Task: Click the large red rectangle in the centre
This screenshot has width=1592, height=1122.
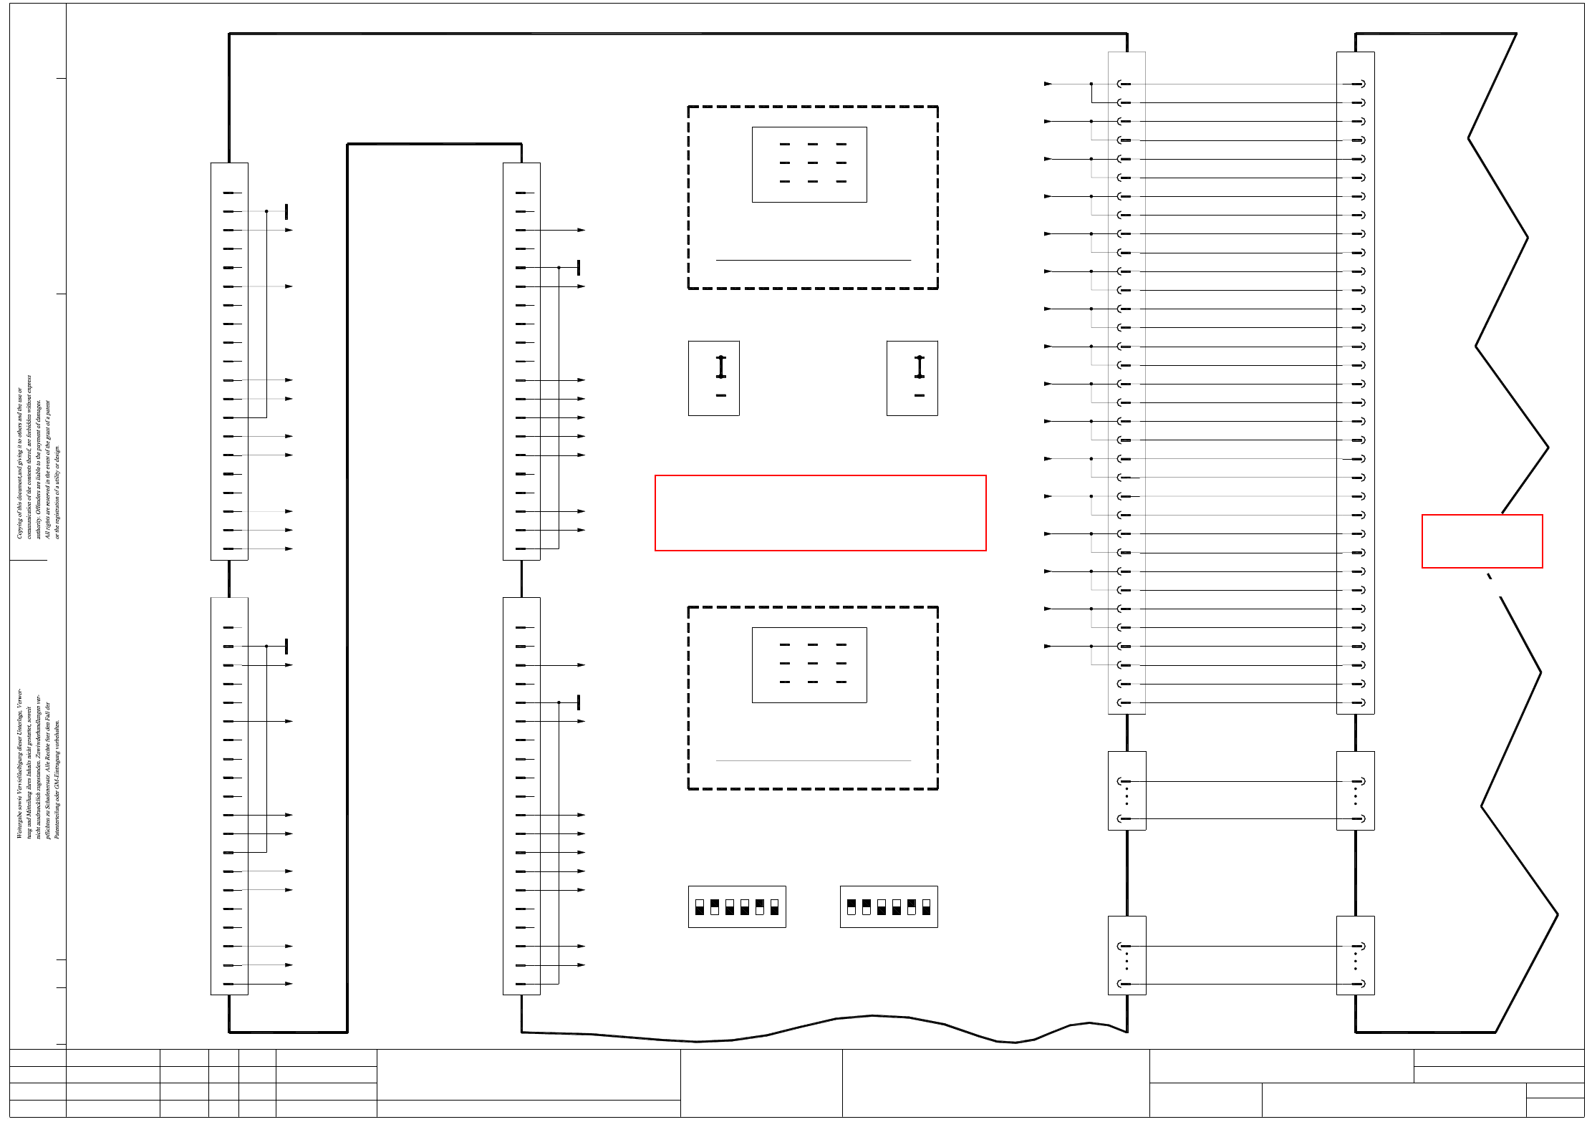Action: click(820, 513)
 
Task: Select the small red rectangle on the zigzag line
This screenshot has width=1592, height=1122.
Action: click(1482, 541)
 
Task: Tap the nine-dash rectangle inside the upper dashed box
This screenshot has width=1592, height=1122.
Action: click(809, 165)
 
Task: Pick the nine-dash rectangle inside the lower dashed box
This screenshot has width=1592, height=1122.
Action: click(809, 665)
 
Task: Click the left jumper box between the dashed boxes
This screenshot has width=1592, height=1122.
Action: click(714, 378)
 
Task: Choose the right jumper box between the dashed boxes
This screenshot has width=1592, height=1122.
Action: click(912, 378)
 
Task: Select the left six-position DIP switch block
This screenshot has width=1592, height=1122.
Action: click(737, 906)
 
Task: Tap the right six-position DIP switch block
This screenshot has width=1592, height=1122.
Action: click(889, 906)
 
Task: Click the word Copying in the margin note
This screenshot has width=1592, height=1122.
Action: click(19, 526)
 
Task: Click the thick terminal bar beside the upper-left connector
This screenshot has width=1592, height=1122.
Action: click(286, 211)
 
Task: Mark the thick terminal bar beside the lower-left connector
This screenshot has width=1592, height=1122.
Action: click(286, 646)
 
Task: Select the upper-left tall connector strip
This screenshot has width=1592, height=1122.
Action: click(229, 361)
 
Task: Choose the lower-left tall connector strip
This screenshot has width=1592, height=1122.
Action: click(229, 795)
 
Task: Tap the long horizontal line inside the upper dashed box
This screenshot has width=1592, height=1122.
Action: click(813, 260)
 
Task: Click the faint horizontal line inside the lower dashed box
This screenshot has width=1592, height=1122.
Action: click(813, 760)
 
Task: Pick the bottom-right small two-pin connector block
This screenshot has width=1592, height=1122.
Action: click(1355, 955)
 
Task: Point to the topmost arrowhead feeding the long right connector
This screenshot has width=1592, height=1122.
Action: click(1048, 84)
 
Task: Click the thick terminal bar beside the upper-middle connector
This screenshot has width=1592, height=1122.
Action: click(579, 268)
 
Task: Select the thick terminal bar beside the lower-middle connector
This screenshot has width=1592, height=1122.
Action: click(579, 702)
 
